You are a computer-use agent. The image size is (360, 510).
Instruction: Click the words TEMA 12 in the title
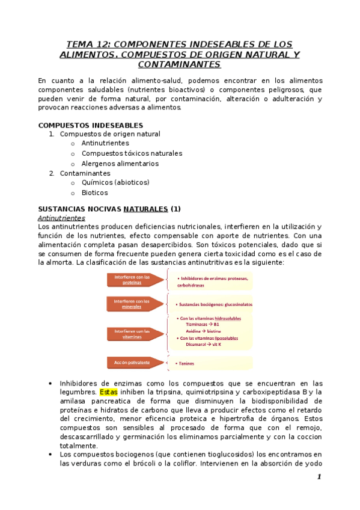click(88, 45)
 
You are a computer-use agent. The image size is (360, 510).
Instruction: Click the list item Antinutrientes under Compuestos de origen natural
click(105, 144)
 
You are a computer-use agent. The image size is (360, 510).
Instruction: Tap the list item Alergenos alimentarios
click(120, 163)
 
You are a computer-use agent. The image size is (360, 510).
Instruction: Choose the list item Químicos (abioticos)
click(115, 182)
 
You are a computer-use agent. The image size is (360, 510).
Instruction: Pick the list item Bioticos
click(95, 192)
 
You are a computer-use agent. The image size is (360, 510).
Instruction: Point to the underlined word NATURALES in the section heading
click(146, 209)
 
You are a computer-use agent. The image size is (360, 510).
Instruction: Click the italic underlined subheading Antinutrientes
click(61, 218)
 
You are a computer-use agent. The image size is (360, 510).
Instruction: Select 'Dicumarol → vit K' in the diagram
click(203, 345)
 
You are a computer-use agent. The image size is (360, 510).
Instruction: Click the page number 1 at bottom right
click(319, 476)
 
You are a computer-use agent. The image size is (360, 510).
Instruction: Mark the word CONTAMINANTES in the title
click(179, 64)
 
